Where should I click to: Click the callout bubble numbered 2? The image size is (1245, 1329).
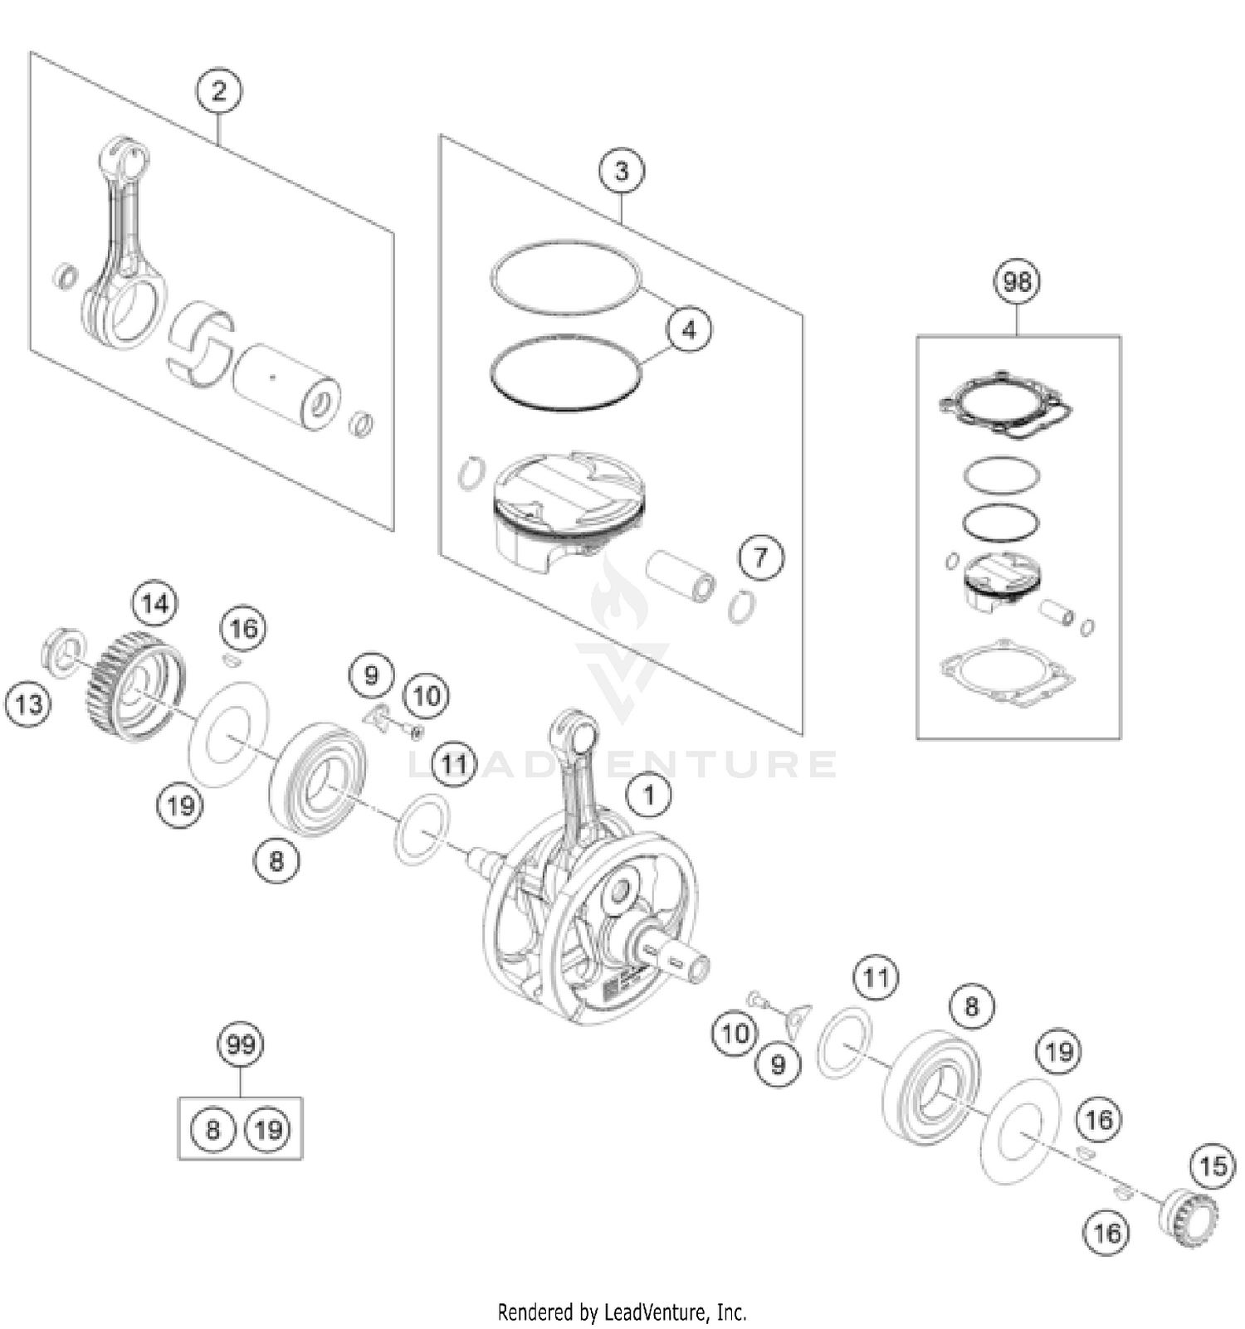point(219,90)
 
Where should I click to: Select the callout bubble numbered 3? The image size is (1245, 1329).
point(621,171)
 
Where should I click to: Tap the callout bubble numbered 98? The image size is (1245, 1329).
point(1017,281)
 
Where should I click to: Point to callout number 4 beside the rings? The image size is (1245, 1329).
point(689,329)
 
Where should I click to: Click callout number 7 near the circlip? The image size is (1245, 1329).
point(760,557)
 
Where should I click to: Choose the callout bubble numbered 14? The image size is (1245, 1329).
point(155,603)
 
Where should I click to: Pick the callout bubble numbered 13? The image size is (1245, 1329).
point(28,704)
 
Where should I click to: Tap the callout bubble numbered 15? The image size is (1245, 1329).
point(1213,1166)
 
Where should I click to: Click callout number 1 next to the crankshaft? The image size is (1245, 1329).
point(648,795)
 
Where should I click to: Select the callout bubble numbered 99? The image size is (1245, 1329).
point(241,1044)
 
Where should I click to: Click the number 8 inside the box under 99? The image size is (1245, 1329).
point(212,1129)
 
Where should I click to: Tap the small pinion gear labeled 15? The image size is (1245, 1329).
point(1187,1216)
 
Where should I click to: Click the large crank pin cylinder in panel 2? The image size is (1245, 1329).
point(286,386)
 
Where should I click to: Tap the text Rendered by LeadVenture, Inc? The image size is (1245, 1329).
point(622,1312)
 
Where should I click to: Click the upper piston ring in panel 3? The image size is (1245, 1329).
point(565,278)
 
